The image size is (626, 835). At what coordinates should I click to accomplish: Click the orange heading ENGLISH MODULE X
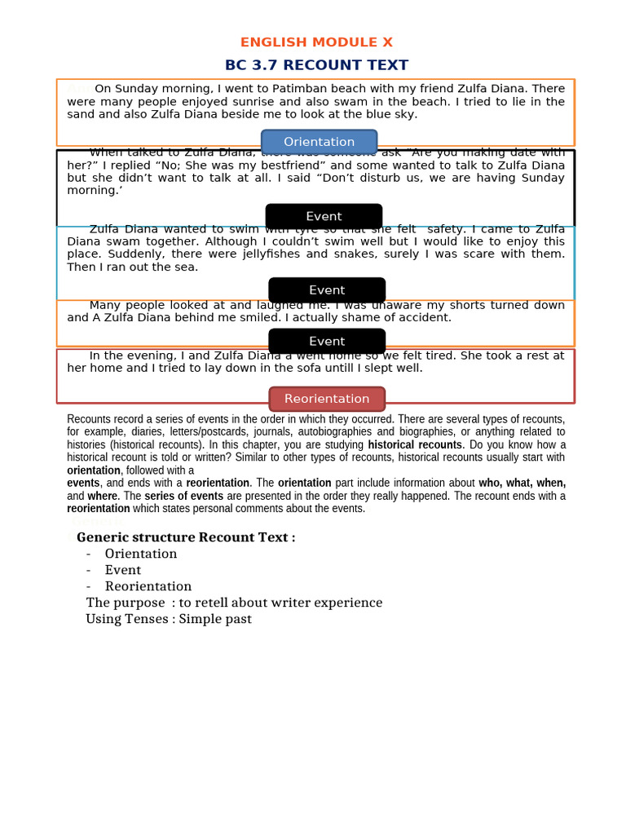pyautogui.click(x=316, y=42)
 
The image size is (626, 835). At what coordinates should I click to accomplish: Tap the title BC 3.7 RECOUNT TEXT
pyautogui.click(x=316, y=65)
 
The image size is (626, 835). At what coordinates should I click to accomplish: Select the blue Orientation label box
pyautogui.click(x=319, y=142)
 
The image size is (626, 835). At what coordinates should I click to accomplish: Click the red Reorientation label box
pyautogui.click(x=327, y=399)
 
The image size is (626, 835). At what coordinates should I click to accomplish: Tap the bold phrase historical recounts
pyautogui.click(x=415, y=445)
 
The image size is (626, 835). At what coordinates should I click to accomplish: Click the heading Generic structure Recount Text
pyautogui.click(x=186, y=537)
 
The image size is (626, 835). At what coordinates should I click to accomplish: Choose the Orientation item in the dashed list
pyautogui.click(x=141, y=554)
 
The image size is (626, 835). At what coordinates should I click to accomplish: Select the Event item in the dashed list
pyautogui.click(x=123, y=570)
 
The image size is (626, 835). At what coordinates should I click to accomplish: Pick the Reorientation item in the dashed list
pyautogui.click(x=148, y=586)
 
